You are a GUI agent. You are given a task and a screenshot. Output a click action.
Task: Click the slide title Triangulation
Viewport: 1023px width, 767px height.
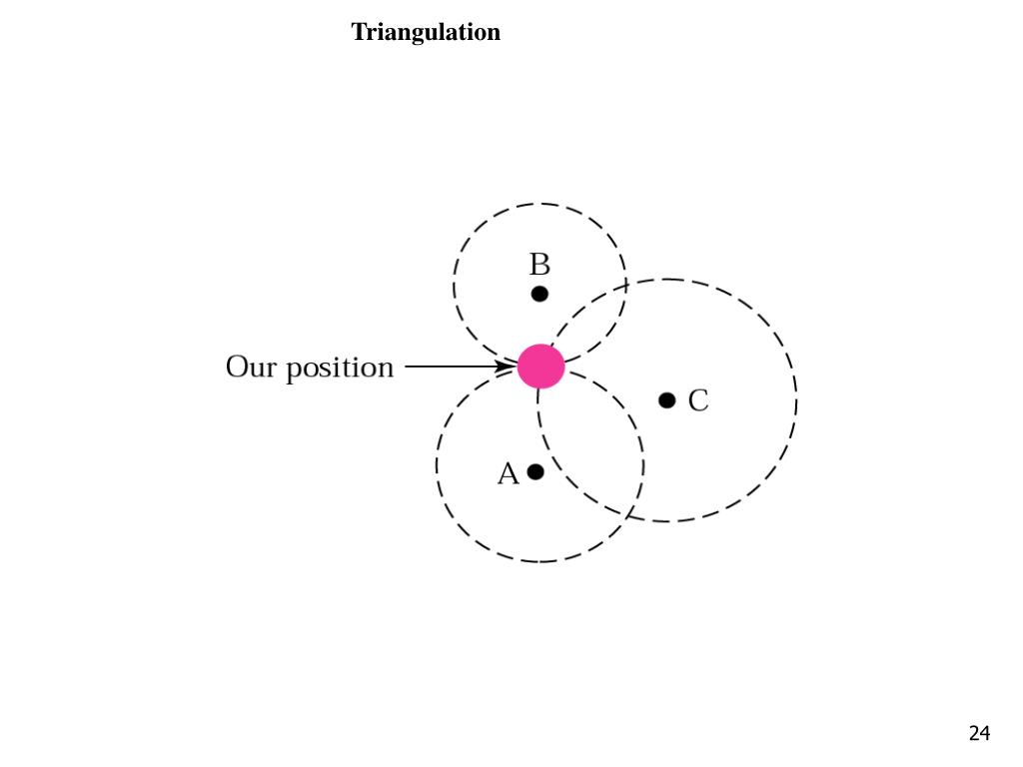click(426, 32)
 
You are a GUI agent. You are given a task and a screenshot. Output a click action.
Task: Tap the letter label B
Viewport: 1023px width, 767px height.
click(539, 266)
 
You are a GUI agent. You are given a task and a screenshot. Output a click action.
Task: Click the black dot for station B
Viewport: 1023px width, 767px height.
click(539, 294)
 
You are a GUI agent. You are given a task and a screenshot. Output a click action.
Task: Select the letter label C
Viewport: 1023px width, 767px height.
click(698, 401)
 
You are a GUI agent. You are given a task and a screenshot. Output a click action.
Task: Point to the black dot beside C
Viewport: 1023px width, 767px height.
click(667, 400)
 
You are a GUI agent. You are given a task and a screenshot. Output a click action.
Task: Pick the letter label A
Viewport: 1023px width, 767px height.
click(508, 474)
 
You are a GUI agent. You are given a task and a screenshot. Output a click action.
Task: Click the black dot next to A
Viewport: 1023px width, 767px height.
click(535, 471)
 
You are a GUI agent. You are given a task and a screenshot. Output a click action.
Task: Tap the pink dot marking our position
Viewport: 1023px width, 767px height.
click(540, 367)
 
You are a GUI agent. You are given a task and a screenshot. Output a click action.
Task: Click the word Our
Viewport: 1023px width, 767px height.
click(250, 368)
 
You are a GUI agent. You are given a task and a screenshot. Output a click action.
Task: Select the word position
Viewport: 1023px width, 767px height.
click(341, 370)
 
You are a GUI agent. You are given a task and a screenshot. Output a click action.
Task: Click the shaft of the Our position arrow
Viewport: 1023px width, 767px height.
click(450, 367)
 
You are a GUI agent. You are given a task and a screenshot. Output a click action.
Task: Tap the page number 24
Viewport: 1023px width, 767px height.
click(979, 734)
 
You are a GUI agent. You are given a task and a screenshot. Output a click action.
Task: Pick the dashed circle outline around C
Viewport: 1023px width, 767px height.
click(796, 399)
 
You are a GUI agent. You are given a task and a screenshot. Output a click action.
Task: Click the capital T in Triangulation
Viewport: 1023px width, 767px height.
click(359, 32)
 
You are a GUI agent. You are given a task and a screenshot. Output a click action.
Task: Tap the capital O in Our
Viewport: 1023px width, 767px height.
click(236, 368)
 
